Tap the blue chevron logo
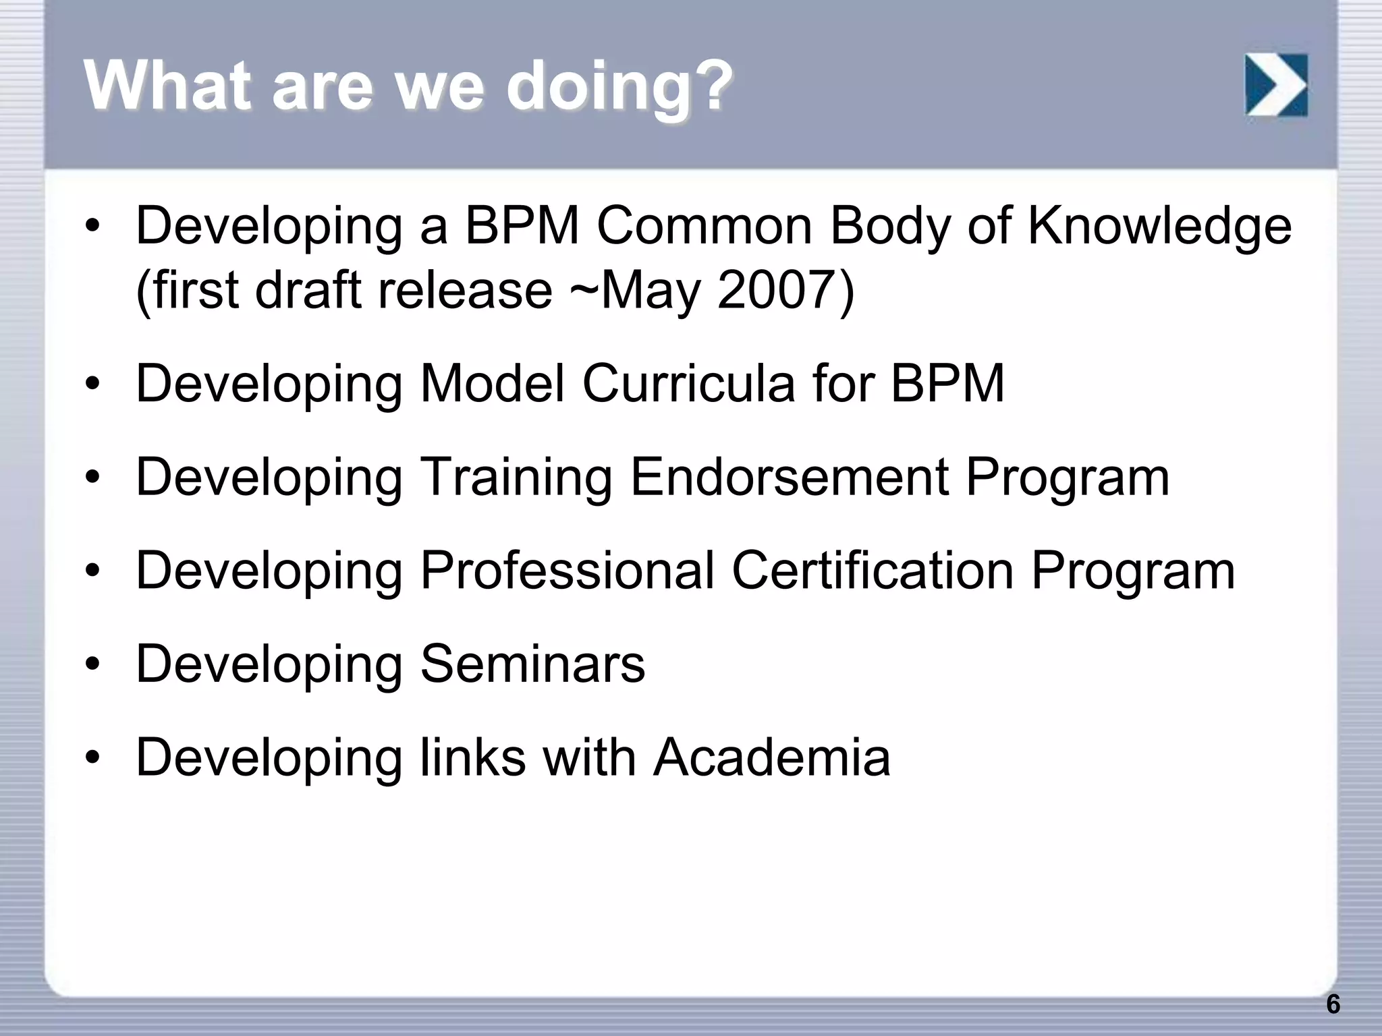(x=1276, y=85)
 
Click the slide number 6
(x=1333, y=1004)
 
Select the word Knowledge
(x=1159, y=225)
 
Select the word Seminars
(x=532, y=664)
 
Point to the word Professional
(x=567, y=571)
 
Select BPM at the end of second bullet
(x=947, y=383)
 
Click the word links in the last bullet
(x=472, y=757)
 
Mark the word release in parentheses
(x=465, y=291)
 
